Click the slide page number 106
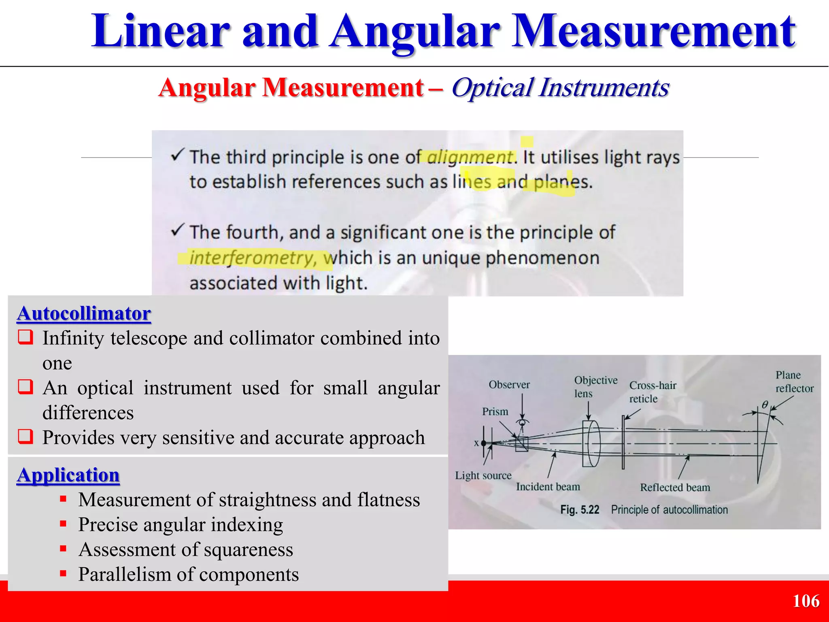tap(806, 601)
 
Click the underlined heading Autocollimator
tap(84, 313)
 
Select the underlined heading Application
tap(68, 475)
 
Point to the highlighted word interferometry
tap(251, 258)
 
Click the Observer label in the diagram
tap(509, 385)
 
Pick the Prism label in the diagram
tap(495, 411)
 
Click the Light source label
tap(483, 475)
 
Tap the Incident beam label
tap(548, 487)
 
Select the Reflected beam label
tap(675, 488)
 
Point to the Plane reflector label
tap(794, 381)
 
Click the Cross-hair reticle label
tap(652, 392)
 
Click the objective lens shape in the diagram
tap(591, 444)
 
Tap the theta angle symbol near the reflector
tap(765, 405)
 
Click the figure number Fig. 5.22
tap(579, 510)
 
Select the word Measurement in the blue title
tap(653, 32)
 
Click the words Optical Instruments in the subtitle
tap(560, 87)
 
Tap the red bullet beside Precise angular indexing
tap(63, 524)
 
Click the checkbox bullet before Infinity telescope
tap(25, 337)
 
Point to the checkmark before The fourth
tap(178, 230)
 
